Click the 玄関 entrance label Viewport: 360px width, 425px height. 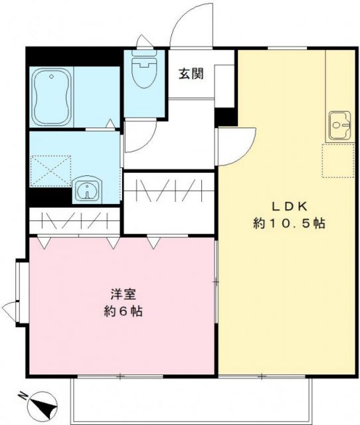click(x=191, y=74)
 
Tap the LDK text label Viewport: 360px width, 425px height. click(x=288, y=204)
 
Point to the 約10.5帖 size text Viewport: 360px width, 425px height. click(x=288, y=224)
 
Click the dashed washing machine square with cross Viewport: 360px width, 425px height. click(x=51, y=169)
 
